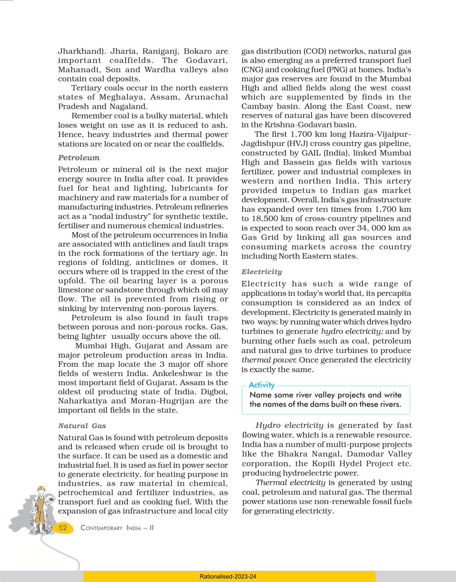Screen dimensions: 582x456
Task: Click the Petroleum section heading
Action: coord(79,158)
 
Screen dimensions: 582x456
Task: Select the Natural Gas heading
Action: coord(82,426)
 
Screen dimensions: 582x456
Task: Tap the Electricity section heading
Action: coord(262,272)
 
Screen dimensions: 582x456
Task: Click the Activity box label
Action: coord(262,385)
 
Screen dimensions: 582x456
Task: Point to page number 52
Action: coord(63,528)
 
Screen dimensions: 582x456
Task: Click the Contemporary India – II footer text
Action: coord(117,528)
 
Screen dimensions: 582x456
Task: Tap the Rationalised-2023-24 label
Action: coord(228,576)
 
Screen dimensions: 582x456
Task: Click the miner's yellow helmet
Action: coord(41,488)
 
